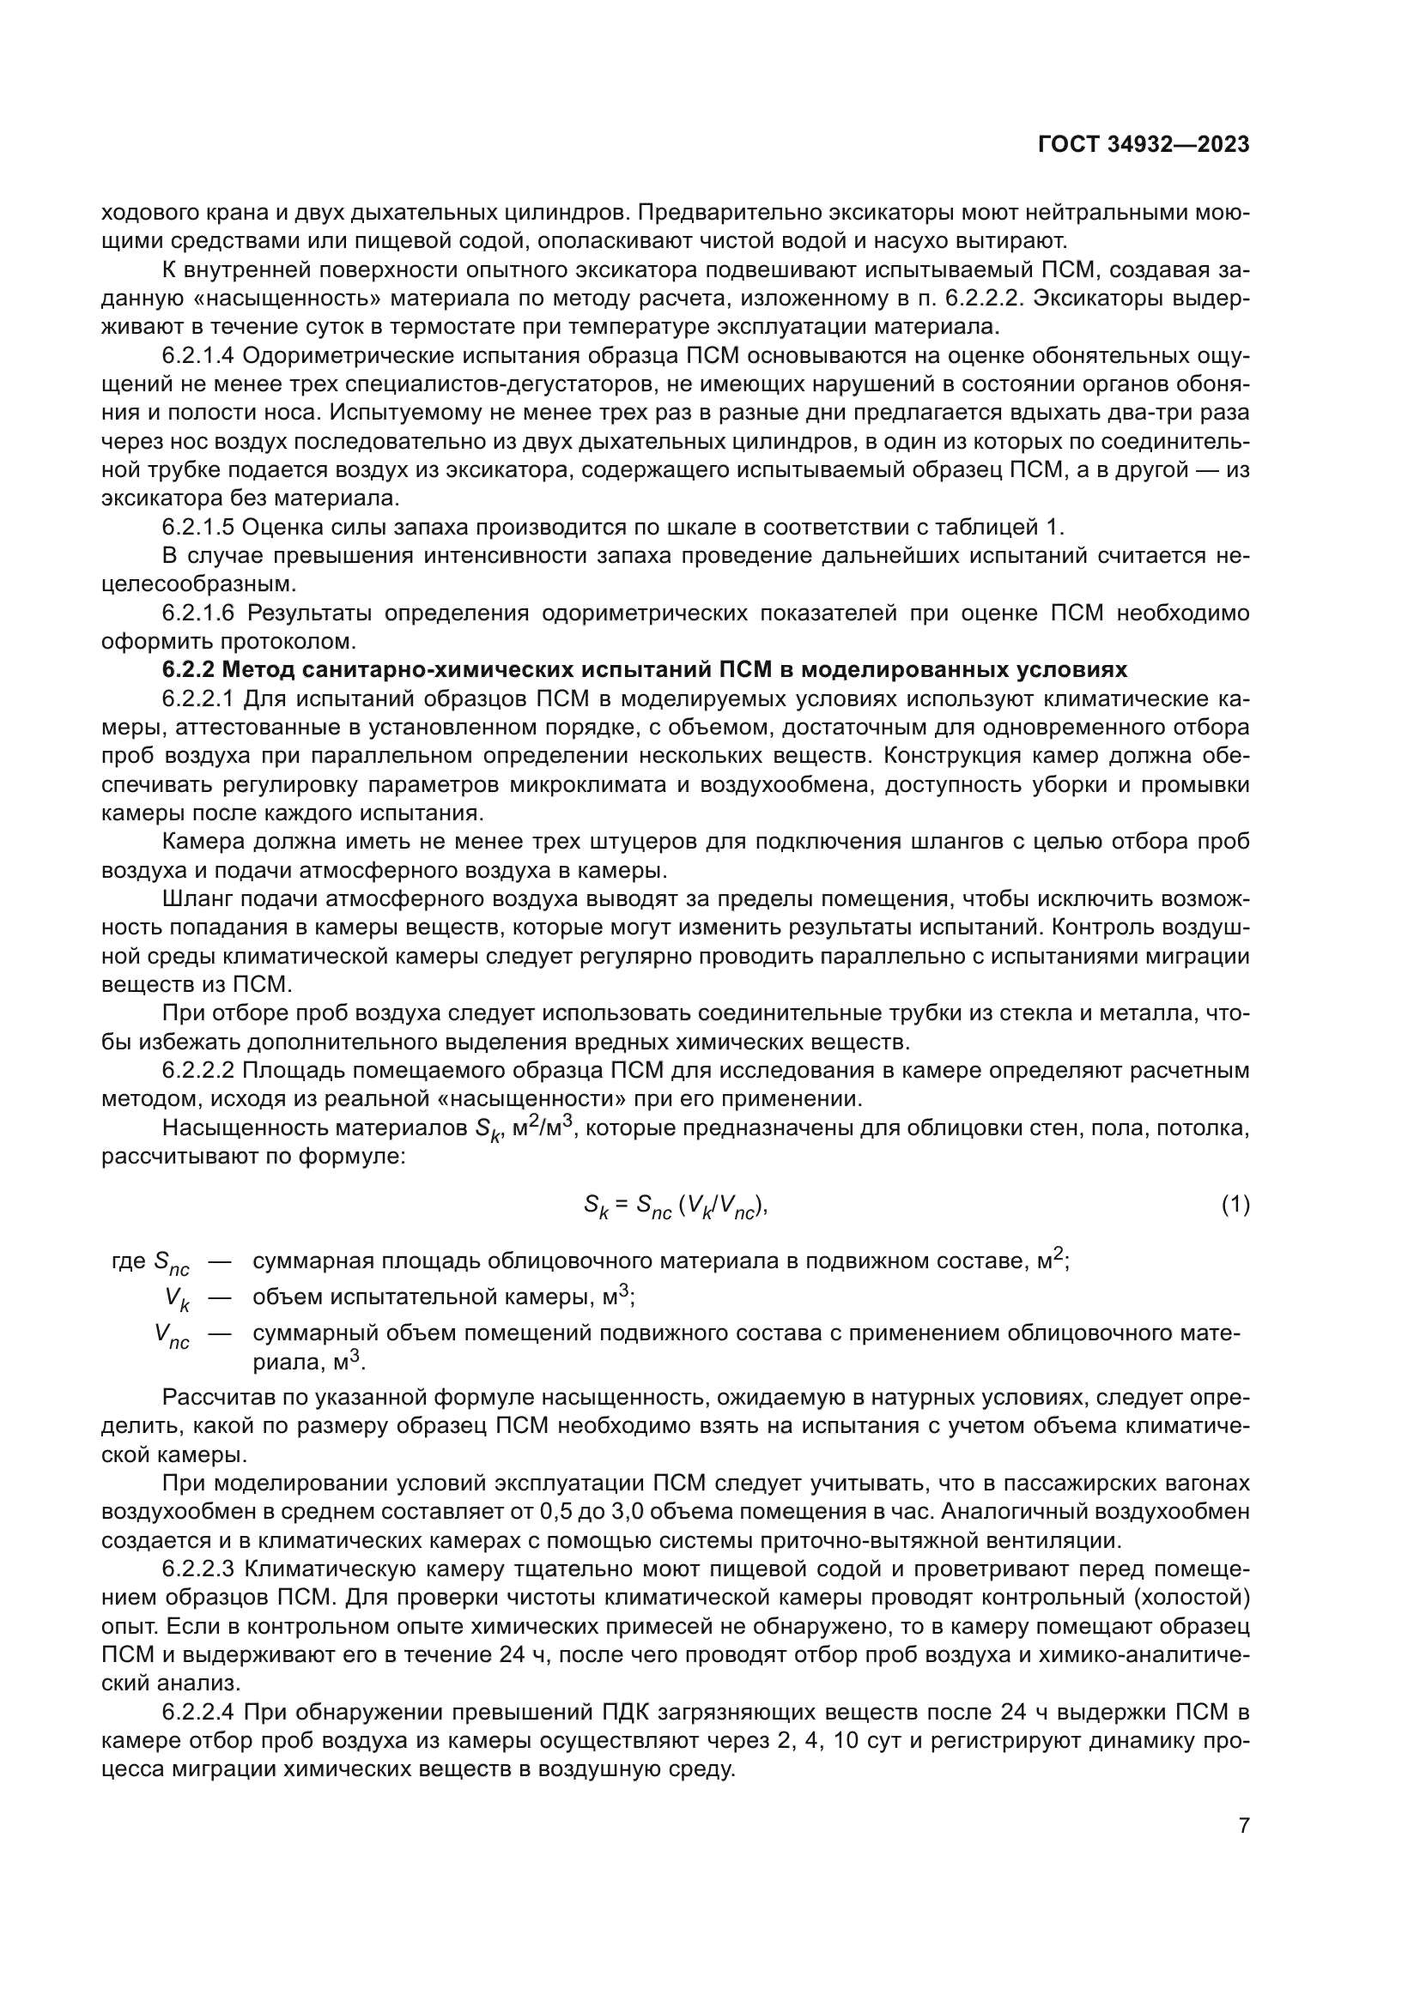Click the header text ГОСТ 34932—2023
coord(1143,144)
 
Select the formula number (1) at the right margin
coord(1235,1206)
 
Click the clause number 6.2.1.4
coord(198,356)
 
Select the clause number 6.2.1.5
coord(198,527)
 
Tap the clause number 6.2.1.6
coord(198,613)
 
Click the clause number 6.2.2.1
coord(198,698)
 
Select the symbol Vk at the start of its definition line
coord(177,1300)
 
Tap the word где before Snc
coord(129,1261)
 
